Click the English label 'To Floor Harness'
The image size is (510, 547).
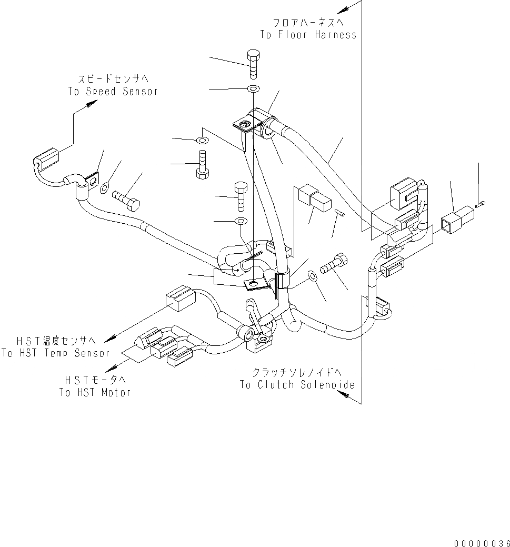(x=308, y=35)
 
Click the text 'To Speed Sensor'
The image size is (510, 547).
(x=113, y=91)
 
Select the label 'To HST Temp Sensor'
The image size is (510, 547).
(x=55, y=353)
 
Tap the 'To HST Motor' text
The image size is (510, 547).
(x=95, y=392)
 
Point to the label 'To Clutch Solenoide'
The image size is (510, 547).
(x=297, y=385)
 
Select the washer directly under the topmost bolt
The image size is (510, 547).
(x=253, y=88)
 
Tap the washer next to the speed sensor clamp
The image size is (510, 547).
(x=105, y=186)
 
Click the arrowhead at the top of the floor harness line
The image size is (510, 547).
(x=345, y=9)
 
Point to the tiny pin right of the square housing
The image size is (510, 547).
(x=481, y=204)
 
